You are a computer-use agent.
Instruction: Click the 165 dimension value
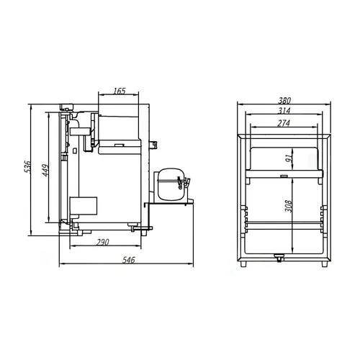(x=120, y=91)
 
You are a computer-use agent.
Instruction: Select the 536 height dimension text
(x=28, y=167)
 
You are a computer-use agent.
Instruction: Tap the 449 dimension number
(x=45, y=170)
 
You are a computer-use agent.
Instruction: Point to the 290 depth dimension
(x=103, y=242)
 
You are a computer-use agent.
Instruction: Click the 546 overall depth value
(x=129, y=260)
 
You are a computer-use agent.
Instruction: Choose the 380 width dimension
(x=284, y=100)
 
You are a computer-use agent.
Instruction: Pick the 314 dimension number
(x=284, y=111)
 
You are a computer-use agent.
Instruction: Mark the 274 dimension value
(x=284, y=123)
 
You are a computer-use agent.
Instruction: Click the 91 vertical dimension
(x=289, y=158)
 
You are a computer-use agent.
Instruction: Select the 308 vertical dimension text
(x=288, y=206)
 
